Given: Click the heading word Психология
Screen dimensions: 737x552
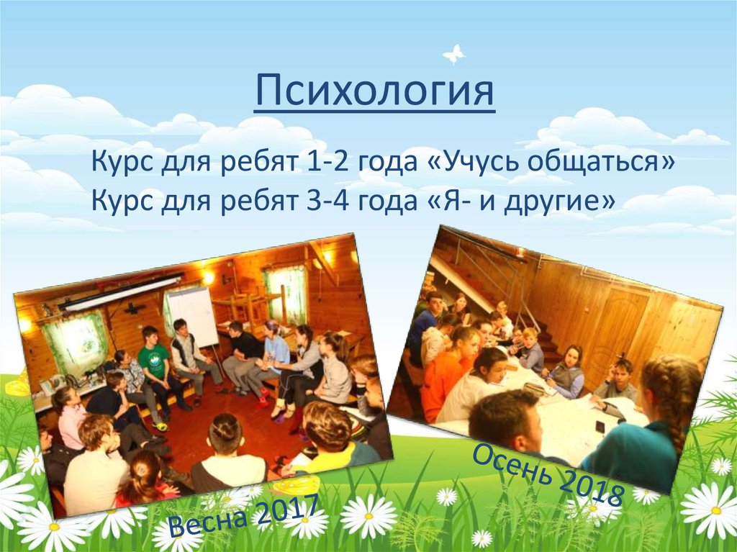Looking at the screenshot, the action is [x=374, y=90].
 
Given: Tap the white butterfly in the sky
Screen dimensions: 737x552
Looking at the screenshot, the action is [x=453, y=54].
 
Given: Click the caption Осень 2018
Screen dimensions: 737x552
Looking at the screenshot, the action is [x=548, y=475].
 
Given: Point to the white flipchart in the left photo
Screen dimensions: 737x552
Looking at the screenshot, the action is [x=193, y=316].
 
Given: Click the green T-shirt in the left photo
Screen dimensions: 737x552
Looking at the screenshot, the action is [x=153, y=361].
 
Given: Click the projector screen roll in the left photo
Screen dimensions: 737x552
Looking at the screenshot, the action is [x=121, y=292].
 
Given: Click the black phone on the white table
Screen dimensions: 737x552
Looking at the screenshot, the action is [x=600, y=427].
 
